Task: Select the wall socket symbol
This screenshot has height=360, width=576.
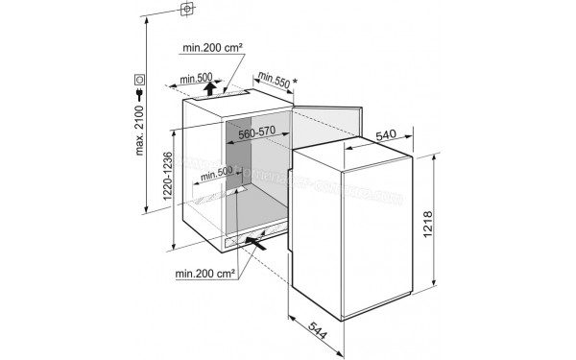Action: coord(141,78)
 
